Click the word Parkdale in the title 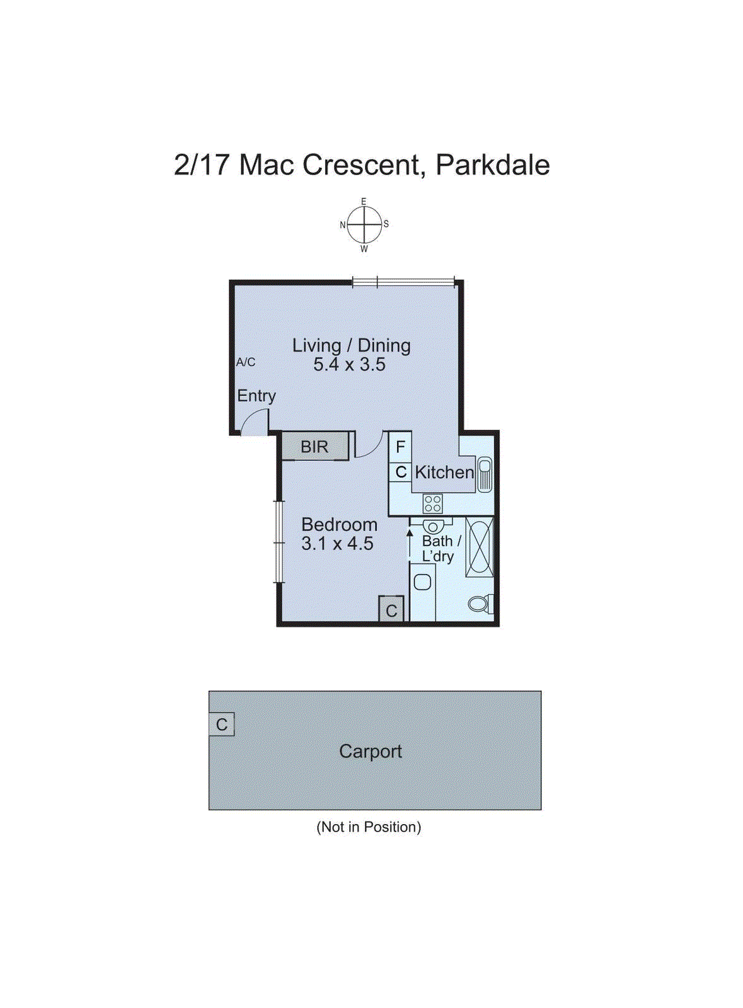pyautogui.click(x=492, y=165)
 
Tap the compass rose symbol pyautogui.click(x=364, y=225)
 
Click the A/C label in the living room pyautogui.click(x=246, y=362)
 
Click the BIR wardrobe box pyautogui.click(x=314, y=447)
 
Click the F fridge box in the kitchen pyautogui.click(x=400, y=447)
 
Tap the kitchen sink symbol pyautogui.click(x=484, y=474)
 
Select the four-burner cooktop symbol pyautogui.click(x=432, y=503)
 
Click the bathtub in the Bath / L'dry pyautogui.click(x=479, y=547)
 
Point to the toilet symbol pyautogui.click(x=480, y=604)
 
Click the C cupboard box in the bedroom pyautogui.click(x=391, y=610)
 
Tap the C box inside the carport pyautogui.click(x=222, y=724)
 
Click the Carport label pyautogui.click(x=371, y=751)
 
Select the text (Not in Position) pyautogui.click(x=369, y=827)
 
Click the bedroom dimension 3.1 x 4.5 pyautogui.click(x=337, y=544)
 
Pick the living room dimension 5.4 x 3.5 pyautogui.click(x=350, y=365)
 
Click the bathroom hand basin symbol pyautogui.click(x=432, y=527)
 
